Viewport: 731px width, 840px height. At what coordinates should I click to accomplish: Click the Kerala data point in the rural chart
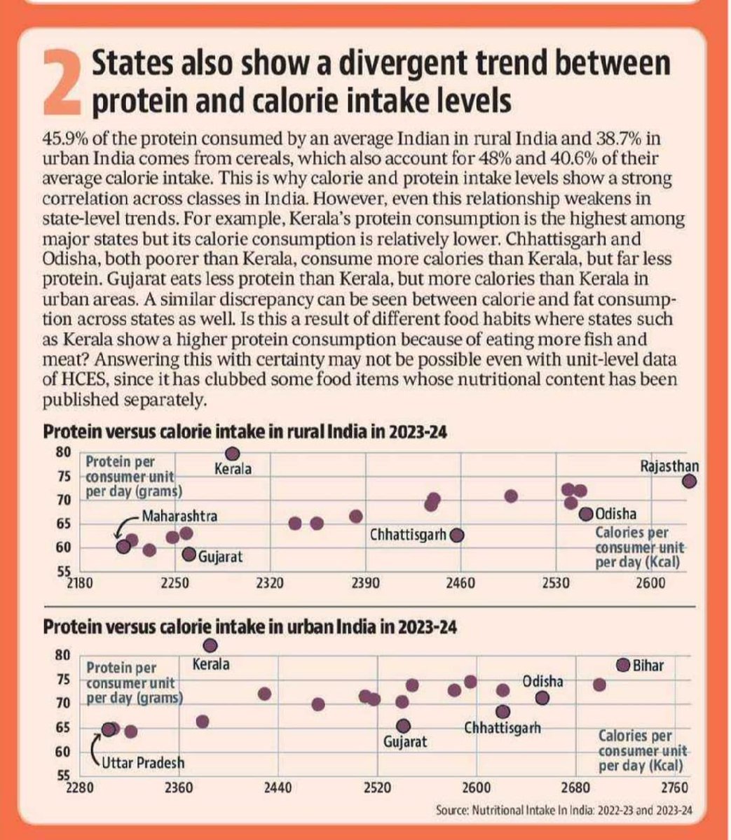pyautogui.click(x=232, y=454)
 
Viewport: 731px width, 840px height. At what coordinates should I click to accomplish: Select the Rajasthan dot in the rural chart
pyautogui.click(x=690, y=481)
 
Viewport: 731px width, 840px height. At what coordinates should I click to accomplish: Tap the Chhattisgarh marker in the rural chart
pyautogui.click(x=458, y=535)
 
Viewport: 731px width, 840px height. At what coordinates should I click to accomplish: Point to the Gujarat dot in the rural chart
pyautogui.click(x=189, y=554)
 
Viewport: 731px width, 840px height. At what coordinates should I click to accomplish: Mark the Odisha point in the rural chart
pyautogui.click(x=586, y=514)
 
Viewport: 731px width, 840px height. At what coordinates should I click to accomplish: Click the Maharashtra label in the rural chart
pyautogui.click(x=179, y=517)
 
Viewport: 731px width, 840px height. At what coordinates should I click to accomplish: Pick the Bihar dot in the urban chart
pyautogui.click(x=623, y=665)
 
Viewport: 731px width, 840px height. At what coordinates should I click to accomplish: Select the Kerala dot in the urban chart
pyautogui.click(x=210, y=645)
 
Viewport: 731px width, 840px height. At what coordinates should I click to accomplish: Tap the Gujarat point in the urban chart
pyautogui.click(x=402, y=726)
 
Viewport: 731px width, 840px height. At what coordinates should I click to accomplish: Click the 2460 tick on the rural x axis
pyautogui.click(x=460, y=583)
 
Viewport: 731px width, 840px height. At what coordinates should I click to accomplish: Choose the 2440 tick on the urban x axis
pyautogui.click(x=278, y=787)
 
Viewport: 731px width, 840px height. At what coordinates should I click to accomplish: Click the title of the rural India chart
pyautogui.click(x=245, y=431)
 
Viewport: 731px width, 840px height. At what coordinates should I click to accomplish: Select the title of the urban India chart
pyautogui.click(x=250, y=626)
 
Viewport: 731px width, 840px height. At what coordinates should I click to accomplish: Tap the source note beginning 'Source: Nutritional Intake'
pyautogui.click(x=563, y=810)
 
